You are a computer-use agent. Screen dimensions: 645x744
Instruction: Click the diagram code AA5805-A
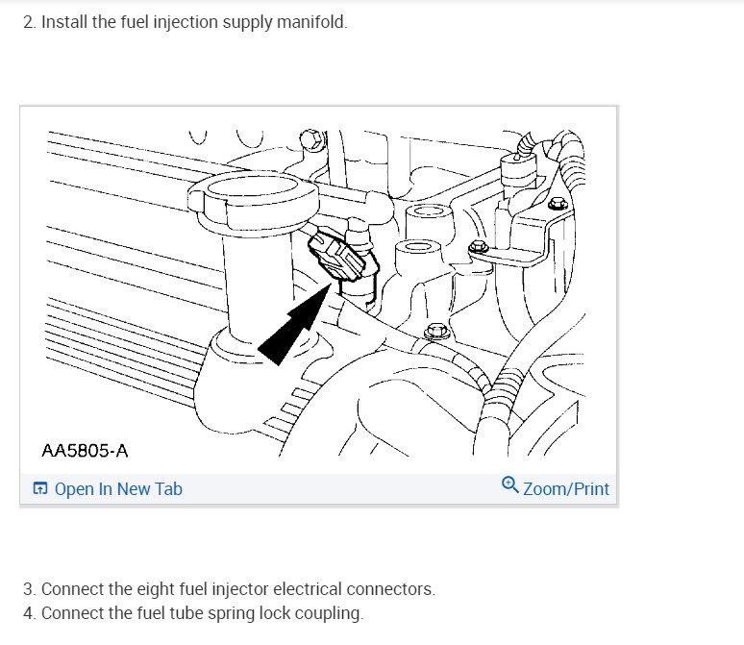85,450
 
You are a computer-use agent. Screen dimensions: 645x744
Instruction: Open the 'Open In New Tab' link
118,489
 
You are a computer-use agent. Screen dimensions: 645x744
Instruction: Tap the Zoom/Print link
565,489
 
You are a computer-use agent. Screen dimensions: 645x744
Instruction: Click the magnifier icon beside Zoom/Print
510,485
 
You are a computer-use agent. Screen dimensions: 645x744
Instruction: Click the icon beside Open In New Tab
40,489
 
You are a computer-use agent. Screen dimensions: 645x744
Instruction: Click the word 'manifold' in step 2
311,22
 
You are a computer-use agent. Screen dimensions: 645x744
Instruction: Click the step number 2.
28,22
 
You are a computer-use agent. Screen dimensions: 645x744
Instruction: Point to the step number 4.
28,613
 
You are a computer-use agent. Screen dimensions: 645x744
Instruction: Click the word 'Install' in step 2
64,22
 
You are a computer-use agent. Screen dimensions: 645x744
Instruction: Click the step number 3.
28,589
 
